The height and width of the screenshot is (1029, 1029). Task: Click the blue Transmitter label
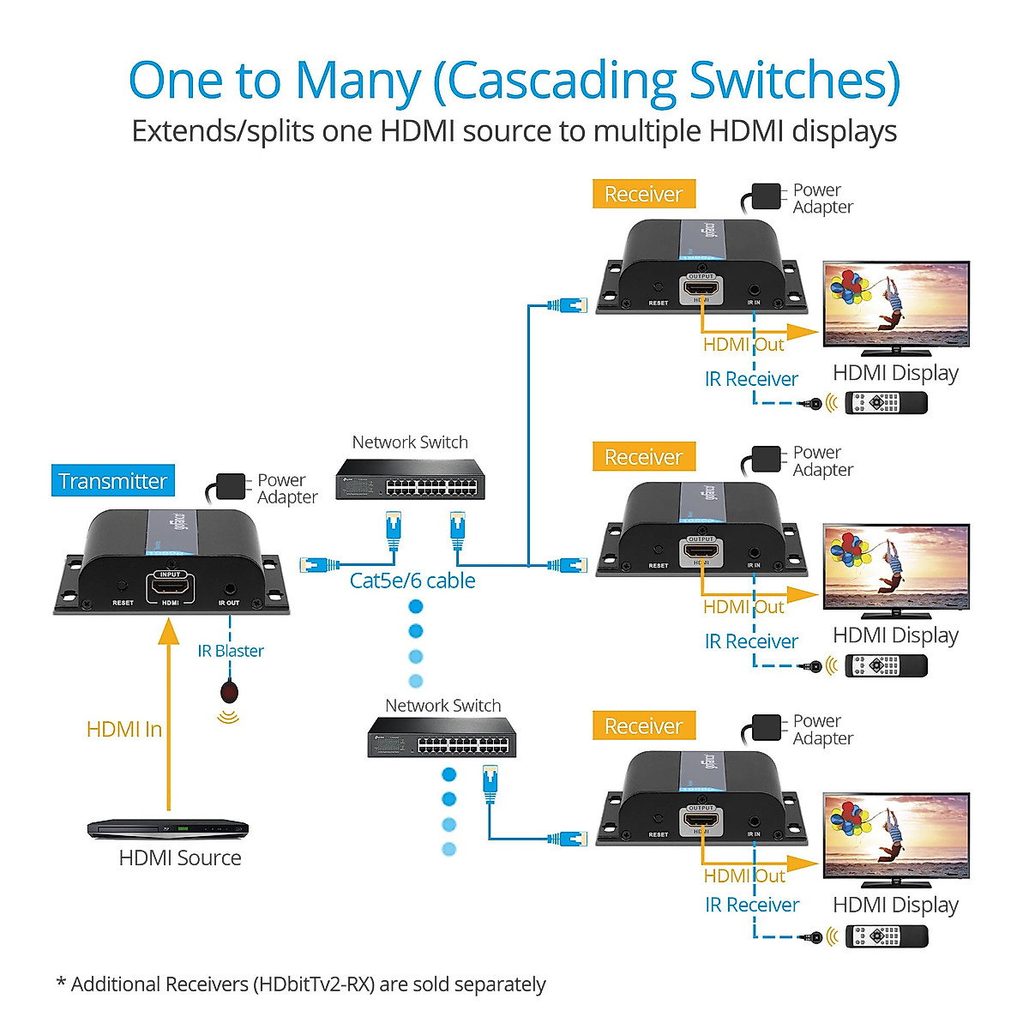click(112, 481)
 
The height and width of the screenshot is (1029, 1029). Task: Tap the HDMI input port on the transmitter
click(171, 588)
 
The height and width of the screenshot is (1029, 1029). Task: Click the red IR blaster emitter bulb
click(229, 691)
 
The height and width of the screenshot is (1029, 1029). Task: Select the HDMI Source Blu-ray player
click(168, 828)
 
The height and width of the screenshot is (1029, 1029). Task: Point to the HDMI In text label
click(124, 730)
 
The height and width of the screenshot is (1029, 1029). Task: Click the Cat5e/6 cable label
click(412, 581)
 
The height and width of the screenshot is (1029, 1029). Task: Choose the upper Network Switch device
click(410, 480)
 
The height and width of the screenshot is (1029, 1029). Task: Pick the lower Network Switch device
click(442, 737)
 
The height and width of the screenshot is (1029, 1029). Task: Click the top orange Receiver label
click(643, 195)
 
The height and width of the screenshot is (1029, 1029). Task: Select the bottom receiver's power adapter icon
click(766, 727)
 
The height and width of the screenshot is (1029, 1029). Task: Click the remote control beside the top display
click(886, 402)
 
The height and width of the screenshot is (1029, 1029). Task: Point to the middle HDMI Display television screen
click(896, 567)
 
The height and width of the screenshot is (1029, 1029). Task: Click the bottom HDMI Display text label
click(895, 905)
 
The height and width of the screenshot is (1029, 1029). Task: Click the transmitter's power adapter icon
click(231, 486)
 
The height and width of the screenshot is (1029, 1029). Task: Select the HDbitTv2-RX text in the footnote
click(313, 984)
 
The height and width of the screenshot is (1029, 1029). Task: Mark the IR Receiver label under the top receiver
click(751, 379)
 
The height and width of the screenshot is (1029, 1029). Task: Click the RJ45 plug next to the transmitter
click(318, 564)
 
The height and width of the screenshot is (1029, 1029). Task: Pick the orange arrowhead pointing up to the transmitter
click(169, 631)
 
